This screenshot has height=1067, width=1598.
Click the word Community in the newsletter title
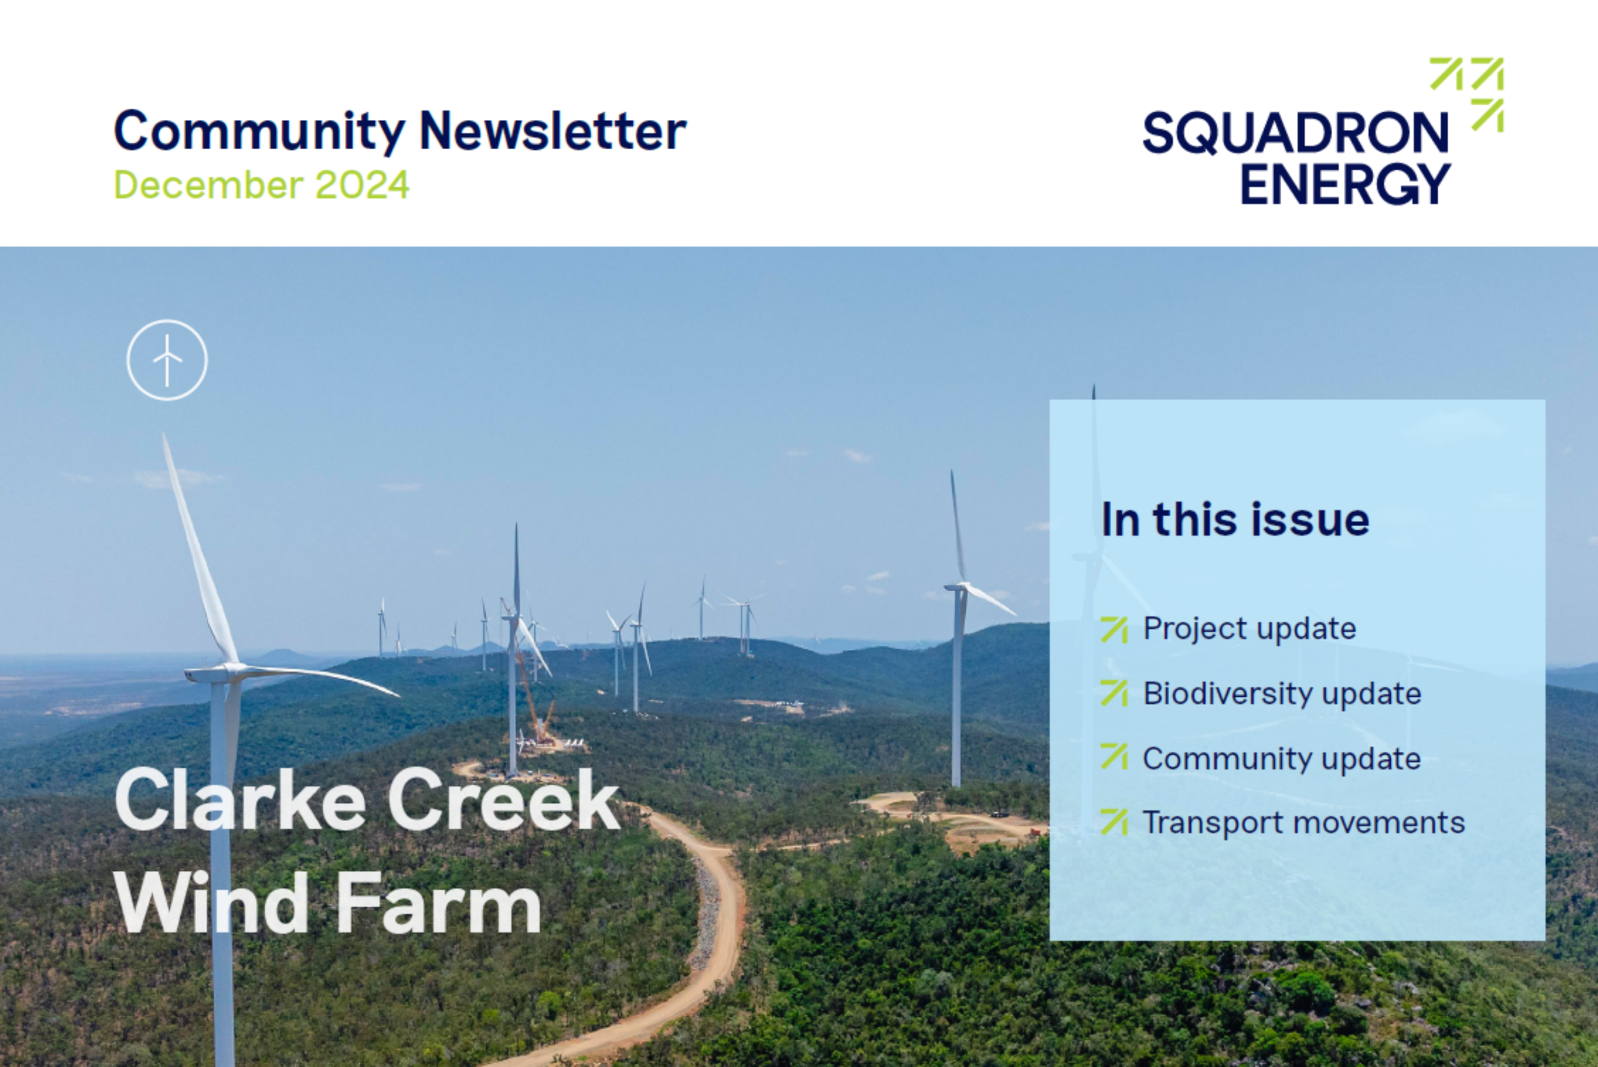coord(259,132)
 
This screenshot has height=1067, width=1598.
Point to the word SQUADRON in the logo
coord(1296,134)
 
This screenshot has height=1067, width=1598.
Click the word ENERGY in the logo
coord(1346,183)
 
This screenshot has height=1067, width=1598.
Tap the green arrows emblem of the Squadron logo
coord(1467,94)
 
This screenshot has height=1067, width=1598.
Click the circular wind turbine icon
coord(167,360)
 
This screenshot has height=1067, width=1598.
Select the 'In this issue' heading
coord(1235,520)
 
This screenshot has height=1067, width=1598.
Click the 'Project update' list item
coord(1249,629)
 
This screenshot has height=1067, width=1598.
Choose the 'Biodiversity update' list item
coord(1282,694)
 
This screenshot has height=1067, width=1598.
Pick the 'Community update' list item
coord(1282,759)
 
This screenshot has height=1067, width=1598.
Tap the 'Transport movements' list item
coord(1303,822)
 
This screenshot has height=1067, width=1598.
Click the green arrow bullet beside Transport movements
coord(1114,822)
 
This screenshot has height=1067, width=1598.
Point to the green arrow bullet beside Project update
coord(1114,629)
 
